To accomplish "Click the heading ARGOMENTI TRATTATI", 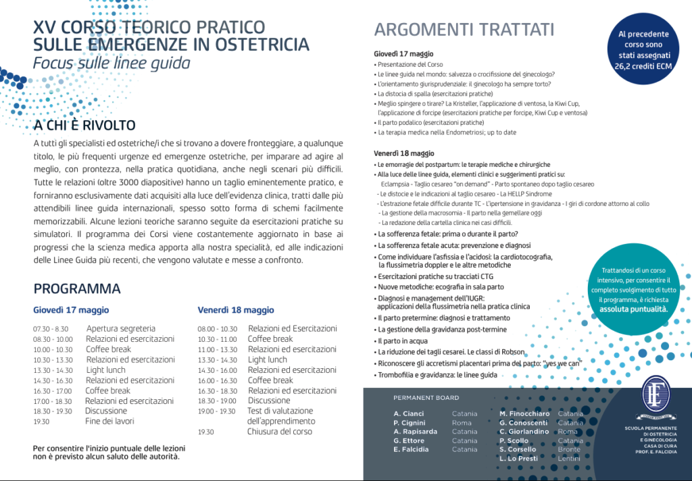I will pos(464,30).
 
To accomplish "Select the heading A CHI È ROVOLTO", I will pos(84,126).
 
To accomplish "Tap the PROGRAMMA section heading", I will pos(77,289).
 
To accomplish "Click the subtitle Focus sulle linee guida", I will pos(112,64).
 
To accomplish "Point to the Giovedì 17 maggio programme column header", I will pos(71,310).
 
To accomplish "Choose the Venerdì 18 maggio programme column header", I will pos(236,310).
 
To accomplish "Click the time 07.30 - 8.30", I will pos(51,329).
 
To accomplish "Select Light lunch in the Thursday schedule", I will pos(105,370).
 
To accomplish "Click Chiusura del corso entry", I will pos(280,432).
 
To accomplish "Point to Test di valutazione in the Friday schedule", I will pos(280,411).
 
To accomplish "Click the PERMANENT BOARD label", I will pos(426,398).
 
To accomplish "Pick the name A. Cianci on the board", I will pos(410,413).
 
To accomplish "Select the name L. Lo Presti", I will pos(518,459).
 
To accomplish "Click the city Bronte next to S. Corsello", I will pos(569,449).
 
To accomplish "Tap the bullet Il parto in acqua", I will pos(403,341).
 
